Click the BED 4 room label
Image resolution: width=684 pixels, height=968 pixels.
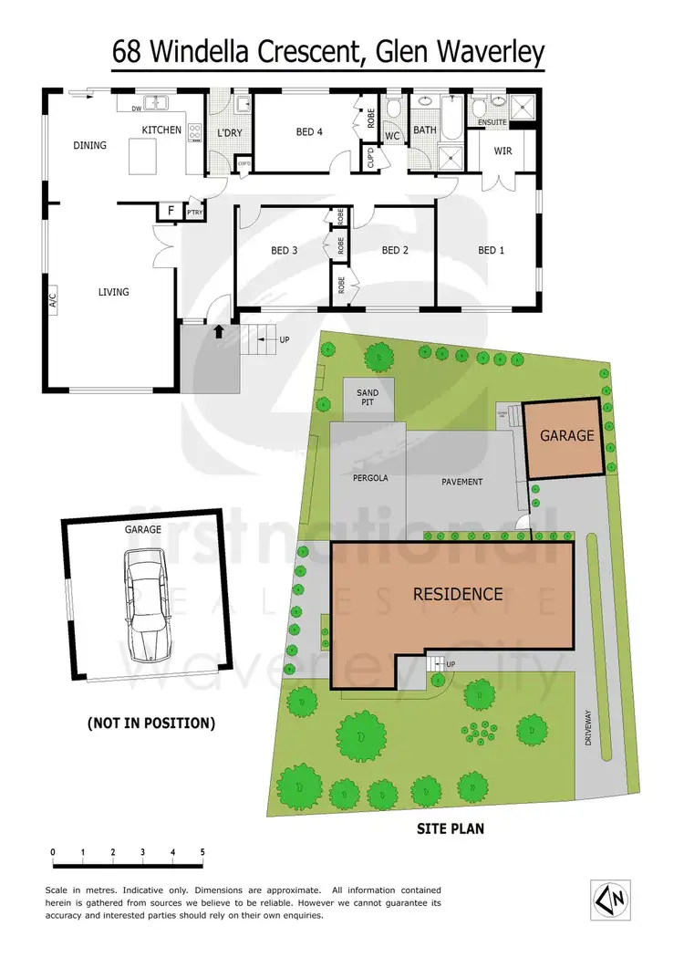pos(310,132)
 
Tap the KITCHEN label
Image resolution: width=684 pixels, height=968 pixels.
pos(161,130)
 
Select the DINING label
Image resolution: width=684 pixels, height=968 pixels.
pos(89,145)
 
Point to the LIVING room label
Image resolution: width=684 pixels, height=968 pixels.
pos(114,292)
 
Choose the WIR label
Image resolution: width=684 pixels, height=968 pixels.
pos(503,151)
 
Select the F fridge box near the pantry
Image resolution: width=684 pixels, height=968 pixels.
pos(169,212)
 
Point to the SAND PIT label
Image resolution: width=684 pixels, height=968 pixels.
pos(368,398)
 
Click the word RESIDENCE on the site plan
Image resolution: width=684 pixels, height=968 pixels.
pos(458,594)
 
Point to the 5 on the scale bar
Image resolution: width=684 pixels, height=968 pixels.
pos(202,852)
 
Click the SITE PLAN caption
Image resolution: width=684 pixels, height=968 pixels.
pos(451,829)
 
